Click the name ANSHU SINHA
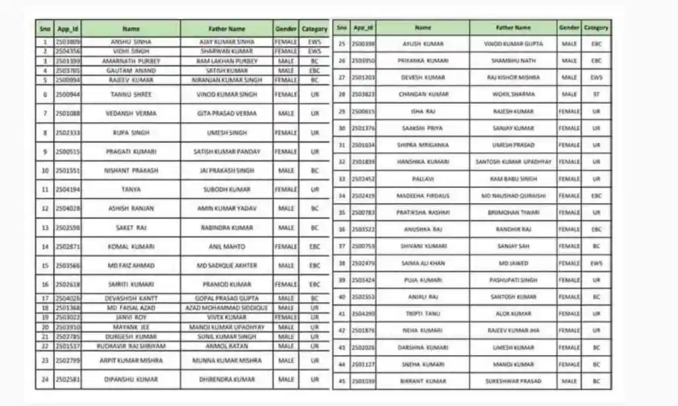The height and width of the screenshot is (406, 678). [131, 42]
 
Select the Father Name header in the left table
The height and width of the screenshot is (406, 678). [226, 29]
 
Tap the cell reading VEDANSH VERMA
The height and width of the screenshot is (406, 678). [131, 114]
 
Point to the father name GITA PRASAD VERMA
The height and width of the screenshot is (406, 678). [226, 114]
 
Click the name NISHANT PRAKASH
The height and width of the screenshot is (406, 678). [131, 171]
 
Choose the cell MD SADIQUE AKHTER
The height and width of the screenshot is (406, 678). [226, 266]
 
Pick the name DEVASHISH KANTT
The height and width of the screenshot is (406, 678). [131, 298]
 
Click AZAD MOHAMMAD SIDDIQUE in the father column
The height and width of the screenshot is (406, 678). [226, 308]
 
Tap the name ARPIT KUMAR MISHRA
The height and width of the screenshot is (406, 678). [131, 361]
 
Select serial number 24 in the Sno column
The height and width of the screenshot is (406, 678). [45, 380]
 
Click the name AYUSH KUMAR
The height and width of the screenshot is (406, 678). [422, 44]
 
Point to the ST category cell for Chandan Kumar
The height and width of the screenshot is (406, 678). [597, 95]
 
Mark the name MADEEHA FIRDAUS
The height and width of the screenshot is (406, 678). [422, 196]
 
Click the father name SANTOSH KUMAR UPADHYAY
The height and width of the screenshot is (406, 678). [513, 162]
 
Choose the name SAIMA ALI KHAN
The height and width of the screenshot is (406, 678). [422, 263]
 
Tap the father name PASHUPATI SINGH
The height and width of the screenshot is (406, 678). [513, 280]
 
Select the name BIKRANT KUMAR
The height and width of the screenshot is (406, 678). [422, 382]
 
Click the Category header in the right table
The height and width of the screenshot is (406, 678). [597, 28]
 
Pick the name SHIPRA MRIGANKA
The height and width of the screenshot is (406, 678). [422, 145]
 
